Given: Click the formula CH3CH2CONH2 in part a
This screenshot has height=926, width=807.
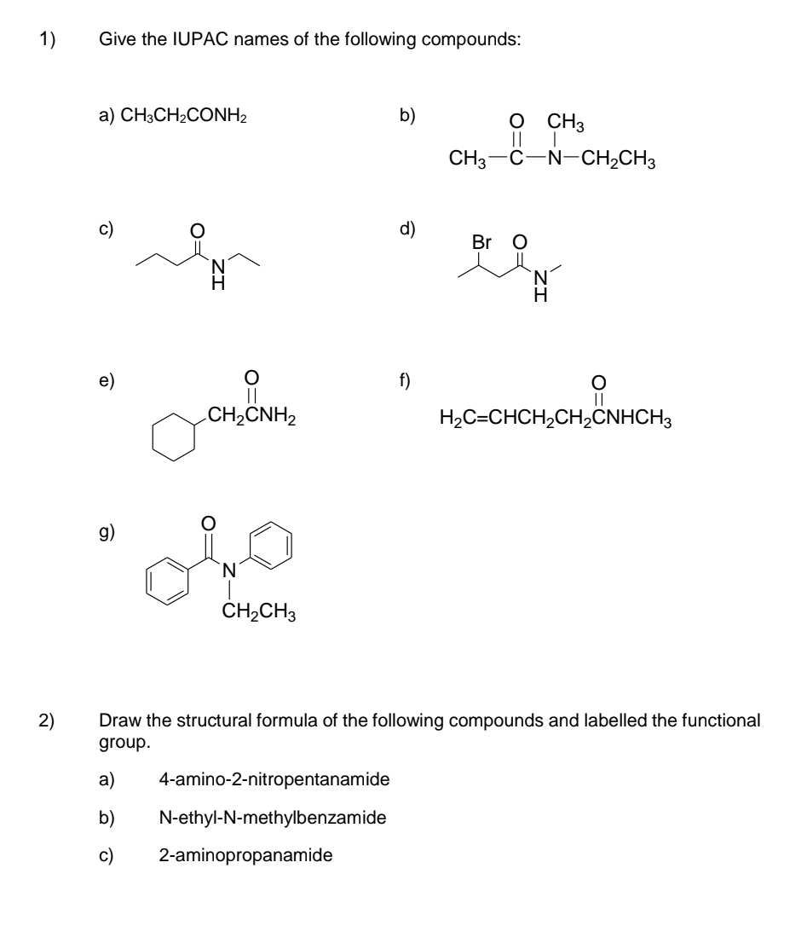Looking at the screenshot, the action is [183, 116].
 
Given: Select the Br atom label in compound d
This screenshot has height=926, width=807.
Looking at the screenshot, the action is [481, 242].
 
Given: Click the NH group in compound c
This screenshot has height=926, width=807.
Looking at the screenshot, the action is [218, 275].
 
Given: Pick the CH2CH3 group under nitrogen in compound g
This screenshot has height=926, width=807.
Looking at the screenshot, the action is [259, 611].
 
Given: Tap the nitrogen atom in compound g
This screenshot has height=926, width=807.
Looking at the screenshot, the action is [229, 570].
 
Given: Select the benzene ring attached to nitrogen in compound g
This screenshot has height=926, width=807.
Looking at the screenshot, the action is [271, 545].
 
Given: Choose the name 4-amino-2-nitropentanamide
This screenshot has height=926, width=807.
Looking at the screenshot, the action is [274, 780].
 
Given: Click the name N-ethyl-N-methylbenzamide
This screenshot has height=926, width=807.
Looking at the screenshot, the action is [273, 818].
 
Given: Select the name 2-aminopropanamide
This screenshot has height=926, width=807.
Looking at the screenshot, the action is [245, 856].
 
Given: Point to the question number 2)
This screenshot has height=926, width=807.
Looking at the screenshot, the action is [47, 721].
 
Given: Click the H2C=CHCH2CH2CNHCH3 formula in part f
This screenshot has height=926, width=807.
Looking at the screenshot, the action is [556, 419].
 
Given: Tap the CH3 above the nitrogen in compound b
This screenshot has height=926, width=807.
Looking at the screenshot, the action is [566, 122].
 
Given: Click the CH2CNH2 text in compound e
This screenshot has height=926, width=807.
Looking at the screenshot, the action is [252, 416].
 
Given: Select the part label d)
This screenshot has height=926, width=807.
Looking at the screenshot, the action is [407, 229].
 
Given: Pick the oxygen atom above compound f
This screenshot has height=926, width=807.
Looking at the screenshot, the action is [598, 383].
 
